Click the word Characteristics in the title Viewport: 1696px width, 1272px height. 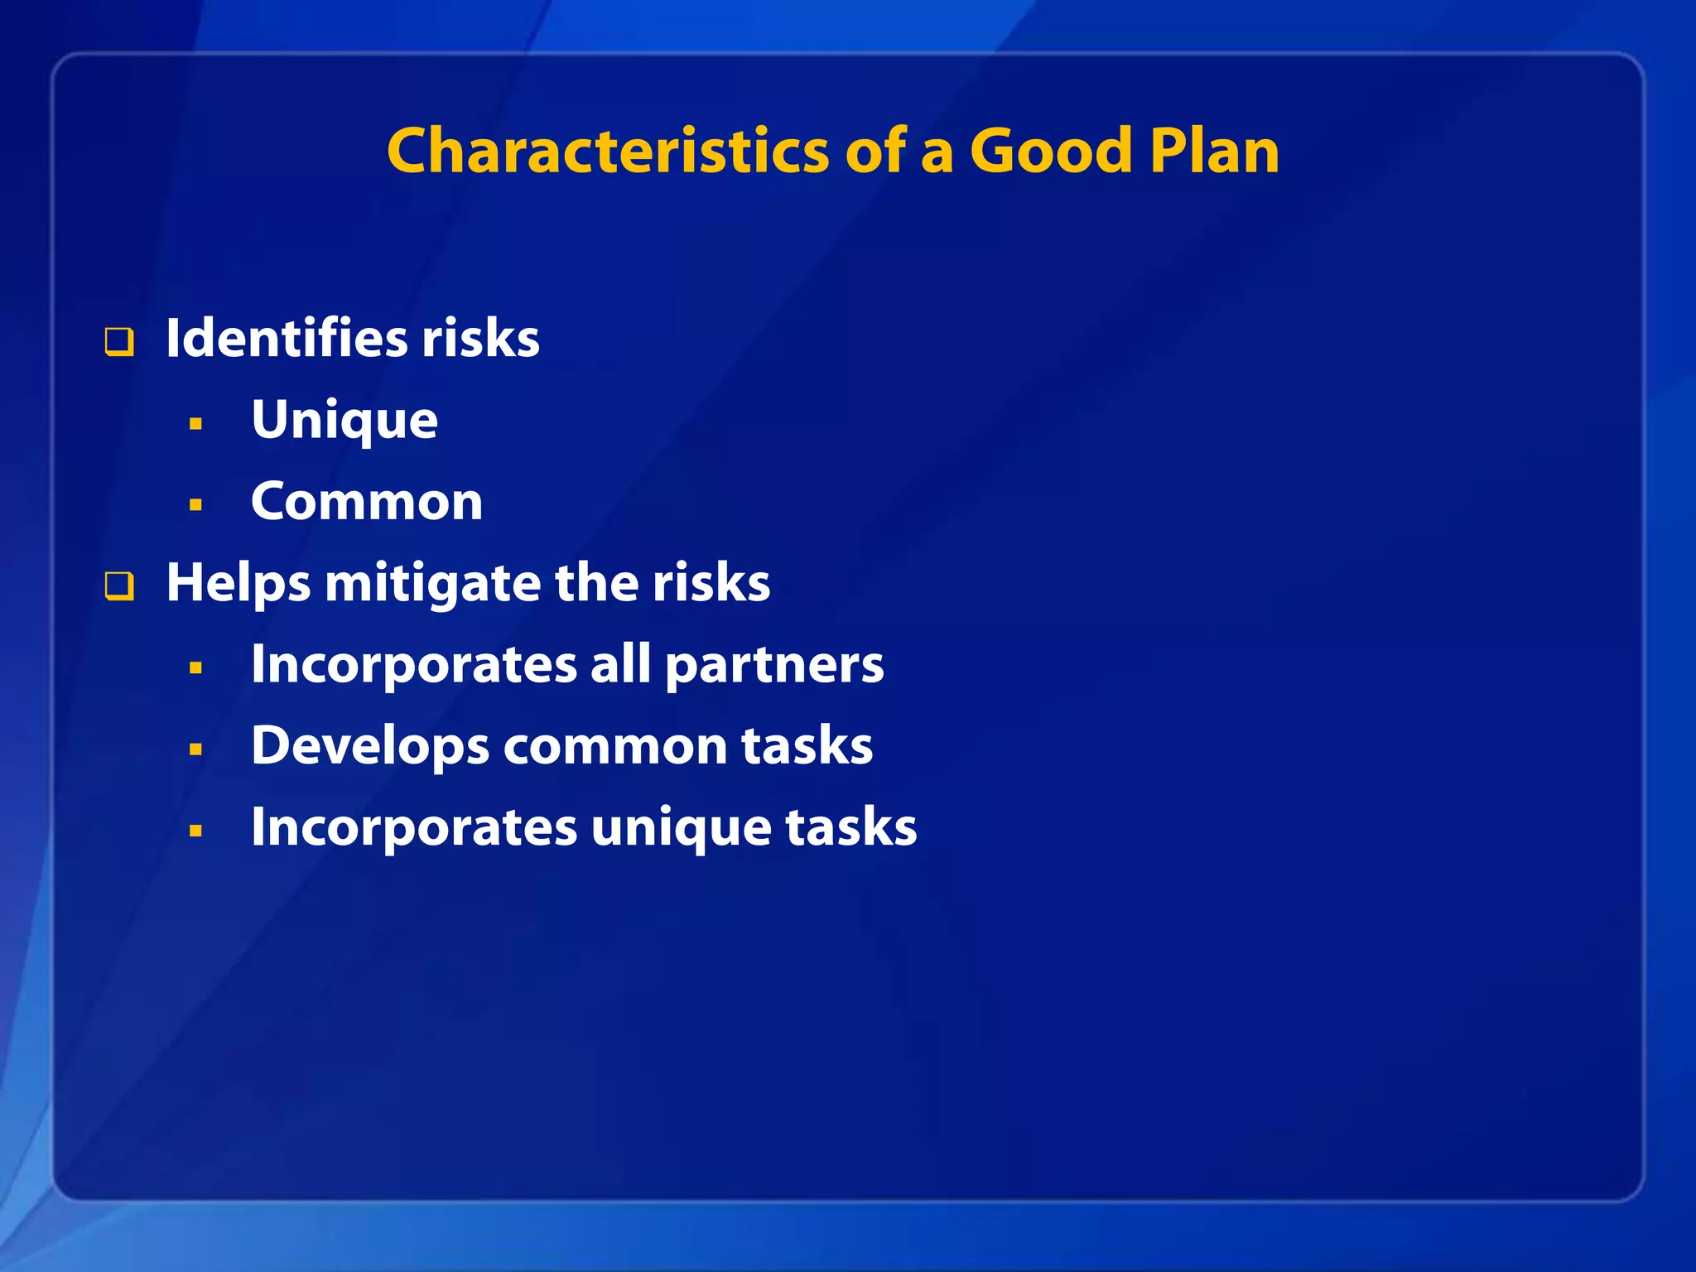[x=607, y=152]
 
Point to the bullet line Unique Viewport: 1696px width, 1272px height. [x=344, y=421]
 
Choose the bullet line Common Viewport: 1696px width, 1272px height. [x=366, y=502]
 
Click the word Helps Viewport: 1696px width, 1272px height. [x=238, y=583]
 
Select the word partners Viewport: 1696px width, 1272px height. [x=774, y=666]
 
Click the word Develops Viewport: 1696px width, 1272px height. [x=370, y=747]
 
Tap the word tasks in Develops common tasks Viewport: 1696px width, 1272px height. [x=807, y=746]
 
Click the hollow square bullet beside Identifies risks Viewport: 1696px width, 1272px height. [x=119, y=342]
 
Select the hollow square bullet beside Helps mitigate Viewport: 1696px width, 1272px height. [x=119, y=586]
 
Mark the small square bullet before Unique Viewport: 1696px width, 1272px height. [x=195, y=424]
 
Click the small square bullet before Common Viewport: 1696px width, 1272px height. [x=195, y=504]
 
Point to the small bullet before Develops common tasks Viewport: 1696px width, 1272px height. [x=195, y=749]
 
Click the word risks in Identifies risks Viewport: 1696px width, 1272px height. [x=480, y=339]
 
